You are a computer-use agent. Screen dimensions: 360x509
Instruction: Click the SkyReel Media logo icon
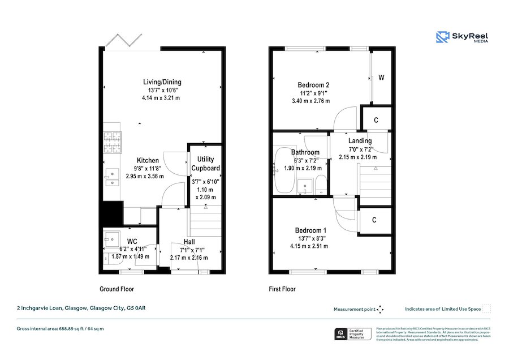pyautogui.click(x=442, y=37)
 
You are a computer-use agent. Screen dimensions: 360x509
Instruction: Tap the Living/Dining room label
pyautogui.click(x=162, y=82)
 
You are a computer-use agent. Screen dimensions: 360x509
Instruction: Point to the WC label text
pyautogui.click(x=132, y=241)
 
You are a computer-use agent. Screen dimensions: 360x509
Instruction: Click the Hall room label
pyautogui.click(x=189, y=242)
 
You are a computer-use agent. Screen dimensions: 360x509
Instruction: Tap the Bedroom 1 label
pyautogui.click(x=310, y=230)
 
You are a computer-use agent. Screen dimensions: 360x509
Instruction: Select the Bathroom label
pyautogui.click(x=305, y=152)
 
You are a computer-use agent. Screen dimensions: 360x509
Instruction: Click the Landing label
pyautogui.click(x=360, y=141)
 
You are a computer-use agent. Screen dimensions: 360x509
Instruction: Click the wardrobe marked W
pyautogui.click(x=382, y=78)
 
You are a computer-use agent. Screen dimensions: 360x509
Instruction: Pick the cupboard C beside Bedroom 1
pyautogui.click(x=376, y=220)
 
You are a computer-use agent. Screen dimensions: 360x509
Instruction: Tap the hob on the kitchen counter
pyautogui.click(x=112, y=142)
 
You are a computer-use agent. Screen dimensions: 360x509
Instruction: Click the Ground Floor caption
pyautogui.click(x=117, y=289)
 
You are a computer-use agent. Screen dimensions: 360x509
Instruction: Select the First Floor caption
pyautogui.click(x=282, y=289)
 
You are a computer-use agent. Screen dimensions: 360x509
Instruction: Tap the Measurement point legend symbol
pyautogui.click(x=380, y=309)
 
